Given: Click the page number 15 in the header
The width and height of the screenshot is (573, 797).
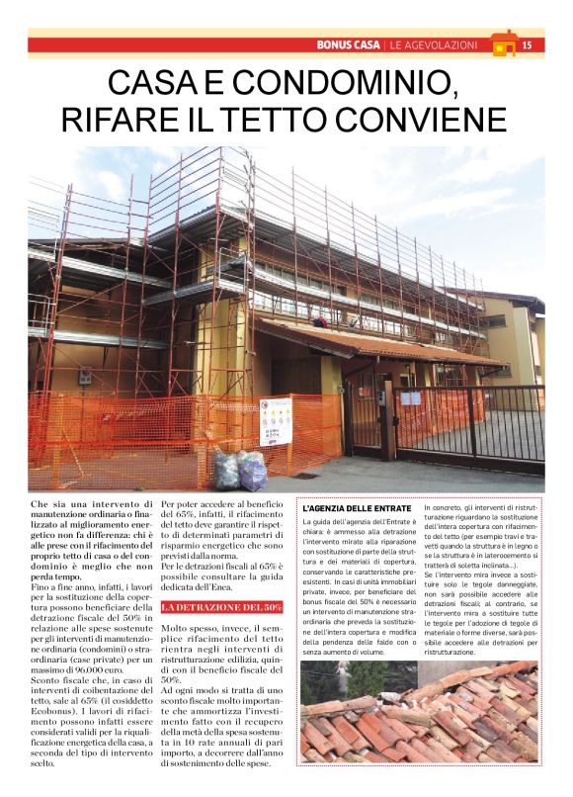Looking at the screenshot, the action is [527, 44].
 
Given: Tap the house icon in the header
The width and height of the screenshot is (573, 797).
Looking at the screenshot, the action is [504, 44].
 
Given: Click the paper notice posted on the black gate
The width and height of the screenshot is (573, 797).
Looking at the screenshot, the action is [410, 398].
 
